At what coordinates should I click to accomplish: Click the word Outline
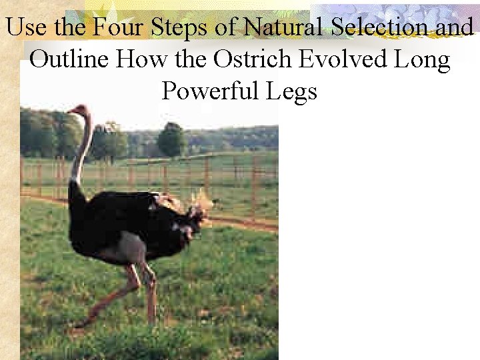pos(70,59)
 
